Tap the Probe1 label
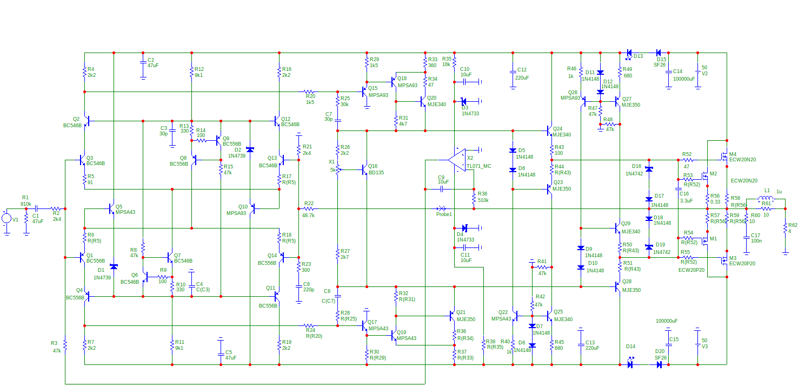coord(444,214)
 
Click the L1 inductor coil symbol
coord(767,198)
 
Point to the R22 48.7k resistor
coord(309,208)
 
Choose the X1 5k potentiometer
coord(337,169)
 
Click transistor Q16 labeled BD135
coord(365,169)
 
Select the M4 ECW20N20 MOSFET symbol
coord(723,156)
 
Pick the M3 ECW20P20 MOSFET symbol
coord(723,260)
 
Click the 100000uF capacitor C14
coord(669,71)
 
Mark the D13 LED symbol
coord(629,53)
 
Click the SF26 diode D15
coord(659,53)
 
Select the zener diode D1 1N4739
coord(114,266)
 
